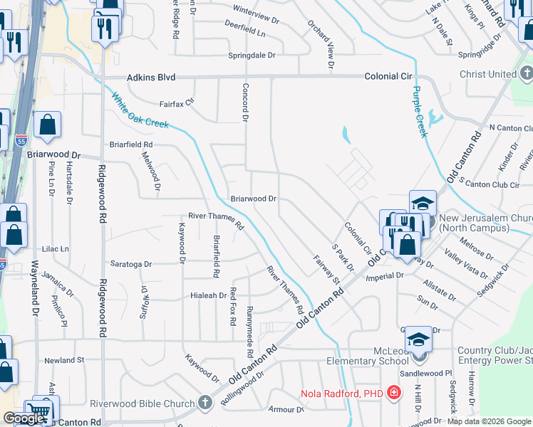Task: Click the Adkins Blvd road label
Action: (x=150, y=78)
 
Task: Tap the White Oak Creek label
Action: (x=139, y=112)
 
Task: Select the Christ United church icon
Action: (x=526, y=73)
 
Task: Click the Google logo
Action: (x=24, y=418)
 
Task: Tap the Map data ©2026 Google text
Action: (x=489, y=421)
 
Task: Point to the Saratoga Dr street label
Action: (x=130, y=264)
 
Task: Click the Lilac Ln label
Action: (x=55, y=249)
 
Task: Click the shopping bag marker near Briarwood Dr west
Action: (x=47, y=127)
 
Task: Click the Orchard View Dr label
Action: (x=321, y=43)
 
